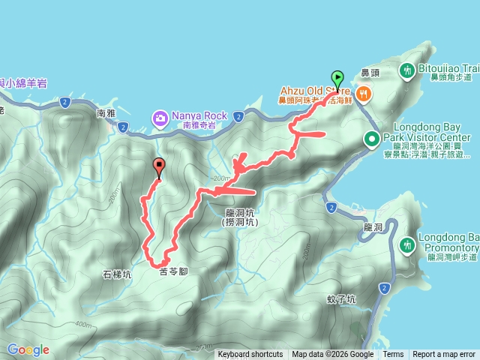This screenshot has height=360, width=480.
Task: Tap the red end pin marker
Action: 159,166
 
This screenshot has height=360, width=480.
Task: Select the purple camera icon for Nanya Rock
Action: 160,118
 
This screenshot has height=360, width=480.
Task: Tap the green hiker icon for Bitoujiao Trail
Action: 408,71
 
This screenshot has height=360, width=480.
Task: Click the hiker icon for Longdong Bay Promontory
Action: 407,244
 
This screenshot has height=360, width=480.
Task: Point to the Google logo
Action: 28,349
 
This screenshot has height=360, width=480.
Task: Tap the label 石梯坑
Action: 116,274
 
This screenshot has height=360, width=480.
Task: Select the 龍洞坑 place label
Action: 241,212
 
